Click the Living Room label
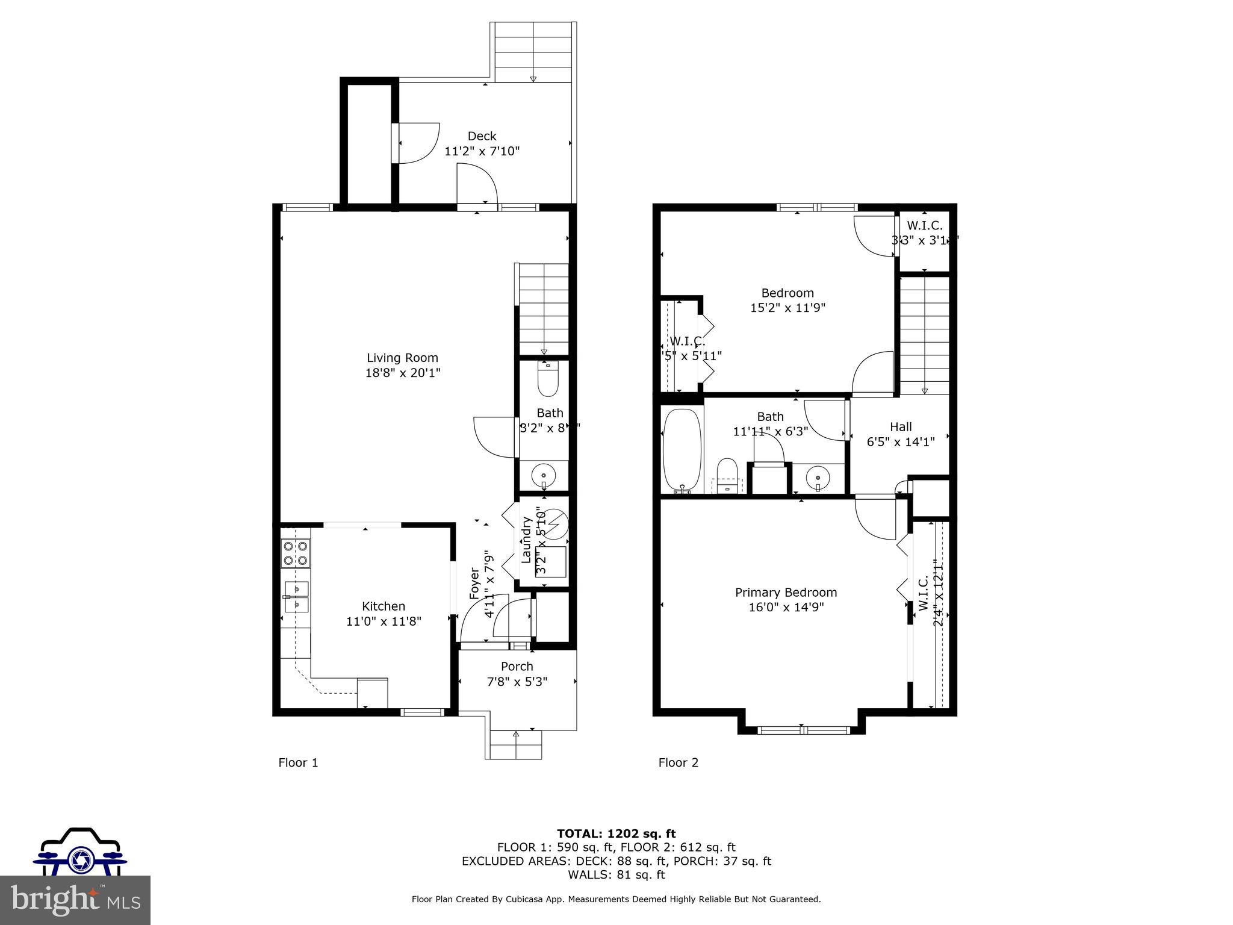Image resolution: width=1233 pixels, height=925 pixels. point(402,358)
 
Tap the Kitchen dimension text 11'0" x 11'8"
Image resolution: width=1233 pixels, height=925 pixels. point(384,621)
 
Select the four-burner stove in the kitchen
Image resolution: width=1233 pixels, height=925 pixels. point(296,553)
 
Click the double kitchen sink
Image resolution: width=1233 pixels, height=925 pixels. point(296,596)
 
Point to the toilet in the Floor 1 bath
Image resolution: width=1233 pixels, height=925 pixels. point(548,379)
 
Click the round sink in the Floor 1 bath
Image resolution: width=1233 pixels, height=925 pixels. point(544,476)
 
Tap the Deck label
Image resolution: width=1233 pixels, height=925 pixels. point(482,136)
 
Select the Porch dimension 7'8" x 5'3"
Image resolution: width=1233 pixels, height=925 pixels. point(517,681)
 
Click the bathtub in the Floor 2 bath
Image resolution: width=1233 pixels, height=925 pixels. point(682,450)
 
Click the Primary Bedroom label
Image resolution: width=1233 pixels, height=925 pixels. point(786,592)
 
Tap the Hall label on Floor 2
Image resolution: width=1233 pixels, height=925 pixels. point(901,426)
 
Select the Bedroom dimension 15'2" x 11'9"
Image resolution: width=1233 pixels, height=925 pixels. point(787,308)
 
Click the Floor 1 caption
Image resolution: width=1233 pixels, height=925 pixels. point(298,762)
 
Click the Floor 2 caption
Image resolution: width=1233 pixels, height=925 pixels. point(679,762)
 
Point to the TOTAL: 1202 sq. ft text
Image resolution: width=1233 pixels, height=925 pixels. point(616,833)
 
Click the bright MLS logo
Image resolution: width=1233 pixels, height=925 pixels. point(75,900)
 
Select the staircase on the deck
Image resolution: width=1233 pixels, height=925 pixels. point(533,53)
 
